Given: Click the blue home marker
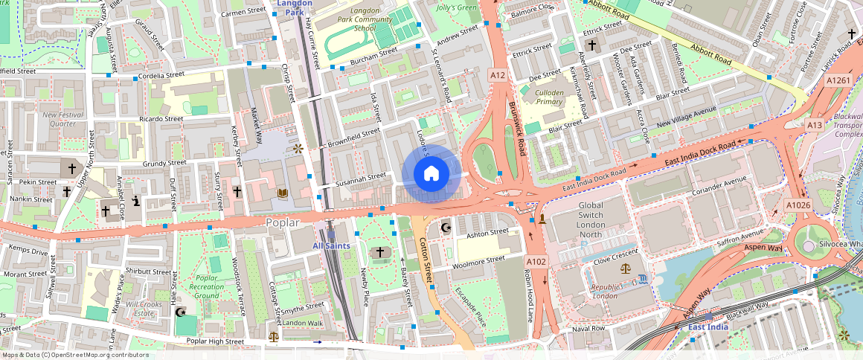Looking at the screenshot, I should (x=431, y=174).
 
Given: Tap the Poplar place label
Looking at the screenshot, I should (x=282, y=222).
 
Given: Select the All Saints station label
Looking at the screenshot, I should (x=330, y=245).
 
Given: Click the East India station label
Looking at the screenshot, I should (x=708, y=327).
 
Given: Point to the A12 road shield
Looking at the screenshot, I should (x=498, y=75).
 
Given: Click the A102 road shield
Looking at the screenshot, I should (x=536, y=261).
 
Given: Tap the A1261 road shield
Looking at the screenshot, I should (x=838, y=80).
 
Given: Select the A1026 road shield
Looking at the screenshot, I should (x=798, y=204).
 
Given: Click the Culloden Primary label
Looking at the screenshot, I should (x=549, y=97).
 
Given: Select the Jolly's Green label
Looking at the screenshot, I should (x=456, y=8).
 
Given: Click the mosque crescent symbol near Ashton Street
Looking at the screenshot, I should (x=446, y=228).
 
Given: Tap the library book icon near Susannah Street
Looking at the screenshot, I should (x=283, y=193).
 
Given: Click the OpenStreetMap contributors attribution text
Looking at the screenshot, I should (x=74, y=355).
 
